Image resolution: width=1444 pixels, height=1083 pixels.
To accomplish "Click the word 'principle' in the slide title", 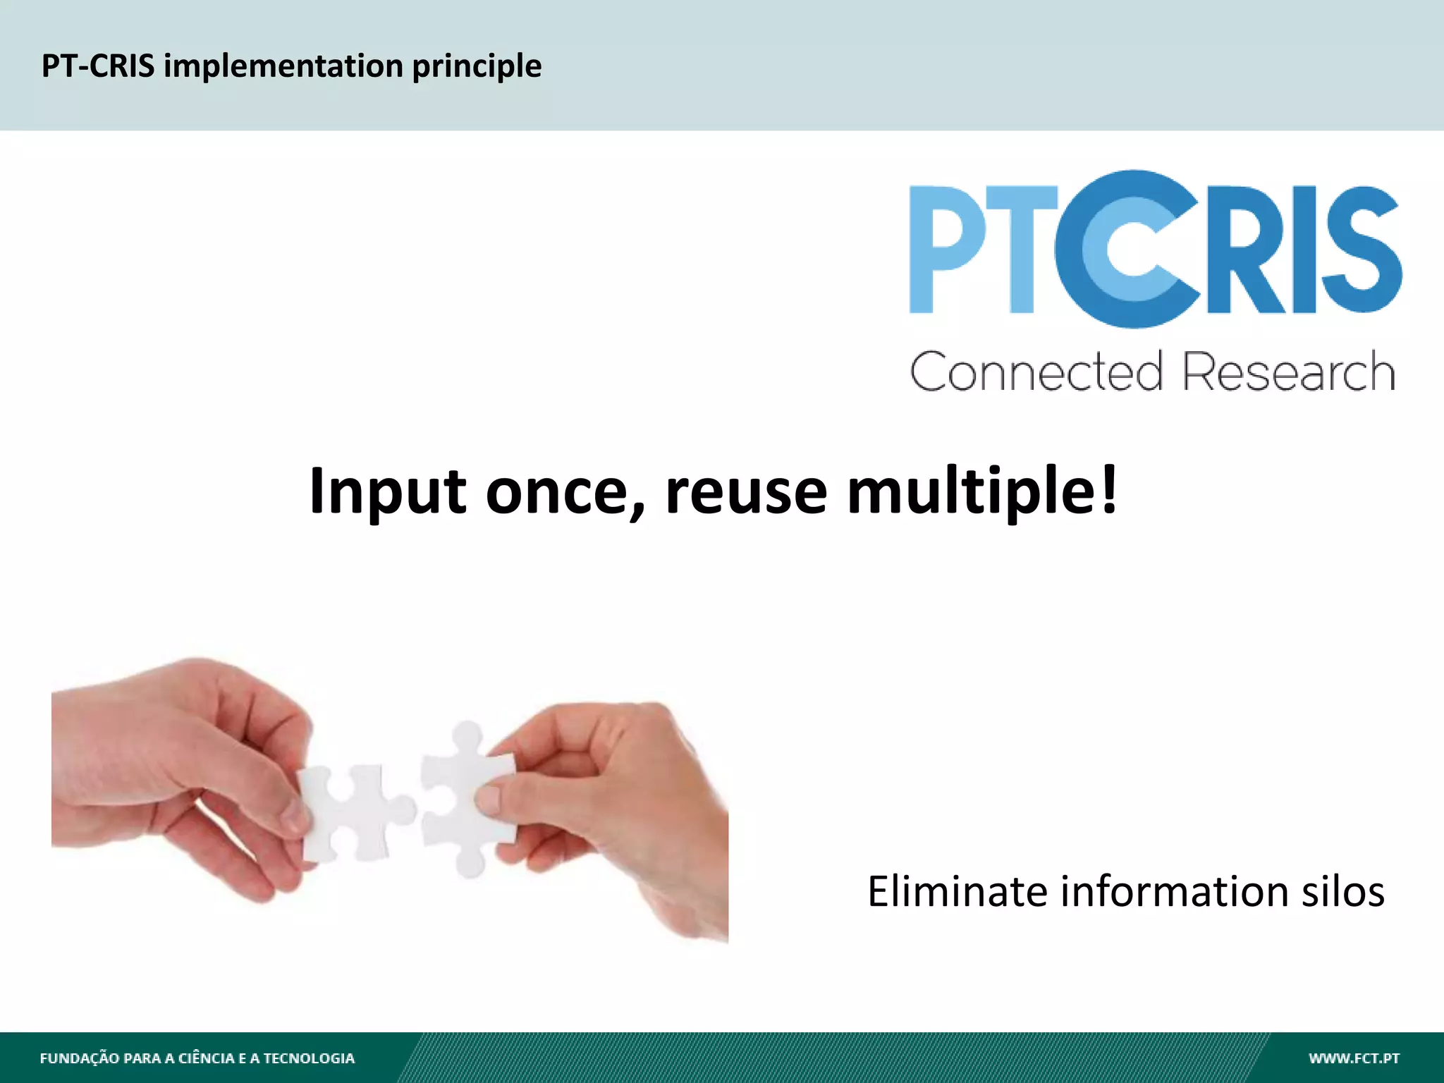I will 477,66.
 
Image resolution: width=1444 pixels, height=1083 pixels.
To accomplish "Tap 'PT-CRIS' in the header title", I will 97,66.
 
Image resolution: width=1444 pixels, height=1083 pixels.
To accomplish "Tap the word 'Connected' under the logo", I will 1036,372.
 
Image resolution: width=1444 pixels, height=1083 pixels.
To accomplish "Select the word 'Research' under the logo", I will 1288,372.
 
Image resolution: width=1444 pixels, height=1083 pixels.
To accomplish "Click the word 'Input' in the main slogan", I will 387,491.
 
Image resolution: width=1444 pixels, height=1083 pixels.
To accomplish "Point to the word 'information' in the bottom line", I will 1175,891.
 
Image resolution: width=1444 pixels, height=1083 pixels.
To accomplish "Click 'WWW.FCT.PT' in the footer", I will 1354,1058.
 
